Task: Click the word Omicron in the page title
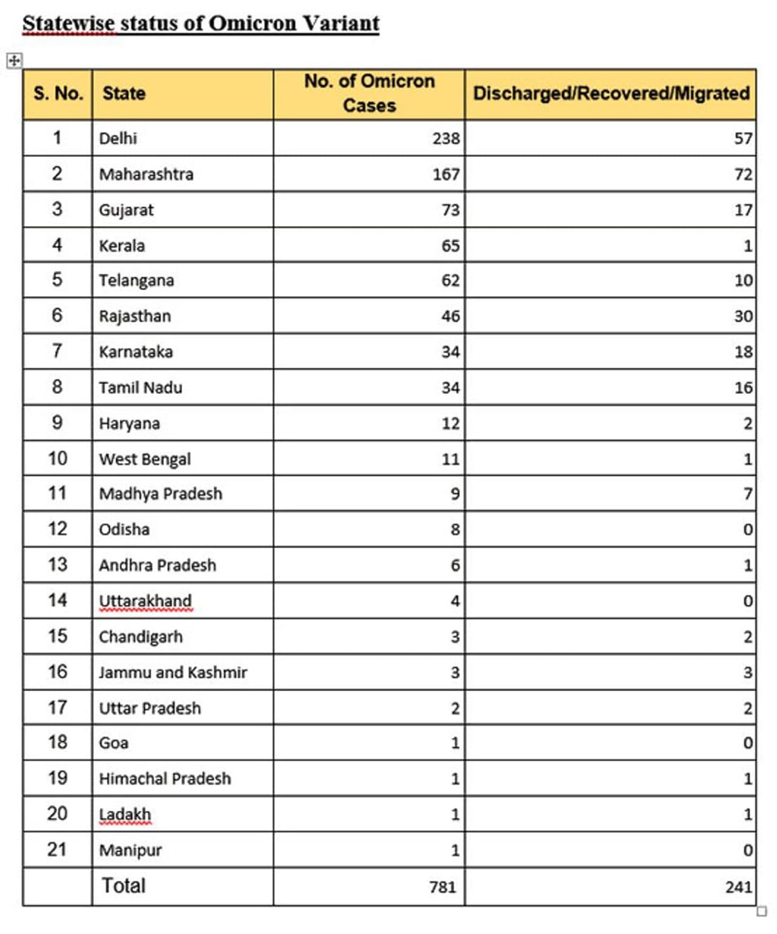[254, 23]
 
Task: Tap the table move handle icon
[14, 60]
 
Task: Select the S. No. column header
[58, 93]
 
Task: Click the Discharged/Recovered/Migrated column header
[611, 93]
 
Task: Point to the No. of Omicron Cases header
[369, 93]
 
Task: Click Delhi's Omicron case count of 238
[446, 138]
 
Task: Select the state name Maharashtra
[146, 174]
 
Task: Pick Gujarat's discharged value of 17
[743, 210]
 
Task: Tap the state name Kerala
[122, 246]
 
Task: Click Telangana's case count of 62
[450, 280]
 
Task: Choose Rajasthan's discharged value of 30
[743, 316]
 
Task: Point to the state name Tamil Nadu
[141, 387]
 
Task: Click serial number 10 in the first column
[58, 458]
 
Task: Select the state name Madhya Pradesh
[161, 493]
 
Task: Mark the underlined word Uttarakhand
[145, 601]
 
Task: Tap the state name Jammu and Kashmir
[173, 672]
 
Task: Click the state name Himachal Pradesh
[165, 779]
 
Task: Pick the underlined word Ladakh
[125, 814]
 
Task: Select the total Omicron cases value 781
[442, 887]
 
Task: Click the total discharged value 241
[738, 887]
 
